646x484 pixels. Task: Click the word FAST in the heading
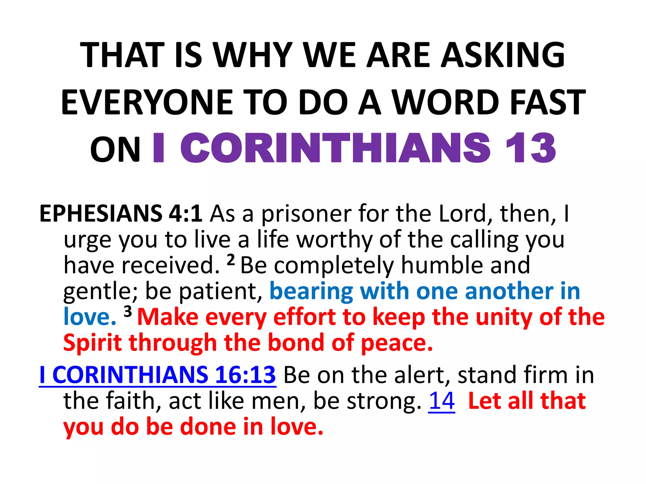click(548, 102)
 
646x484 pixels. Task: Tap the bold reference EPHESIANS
click(101, 214)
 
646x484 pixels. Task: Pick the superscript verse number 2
click(231, 260)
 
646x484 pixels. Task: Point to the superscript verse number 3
click(127, 312)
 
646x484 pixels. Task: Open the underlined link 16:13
click(245, 375)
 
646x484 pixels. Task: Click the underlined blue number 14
click(442, 401)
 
